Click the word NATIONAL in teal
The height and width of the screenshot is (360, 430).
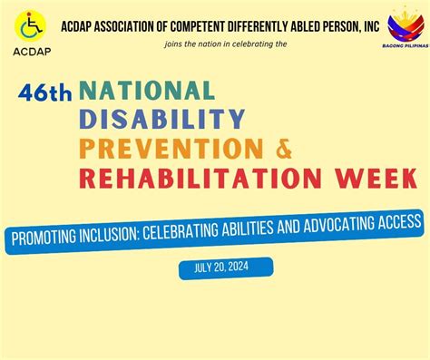(x=147, y=91)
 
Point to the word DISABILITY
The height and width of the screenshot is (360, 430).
(x=161, y=119)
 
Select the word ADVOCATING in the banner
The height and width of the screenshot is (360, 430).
(x=330, y=223)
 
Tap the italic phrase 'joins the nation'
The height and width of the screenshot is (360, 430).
(x=194, y=43)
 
